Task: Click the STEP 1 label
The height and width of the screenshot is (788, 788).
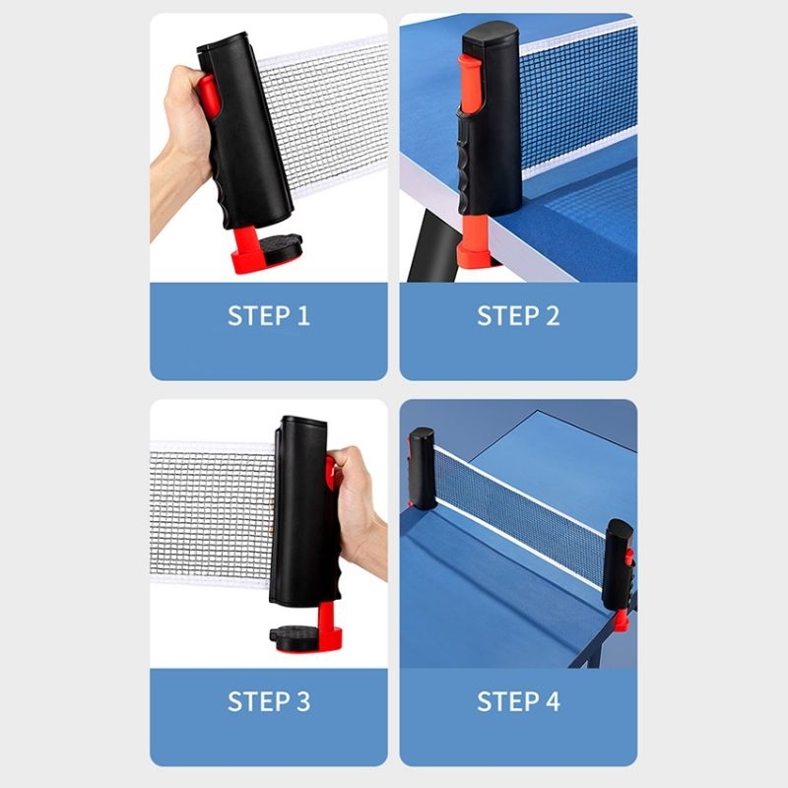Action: [x=268, y=315]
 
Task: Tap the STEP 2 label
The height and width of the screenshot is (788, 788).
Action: [x=518, y=315]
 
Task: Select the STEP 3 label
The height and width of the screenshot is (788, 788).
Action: [x=268, y=701]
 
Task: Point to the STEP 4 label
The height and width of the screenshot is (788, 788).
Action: [x=518, y=701]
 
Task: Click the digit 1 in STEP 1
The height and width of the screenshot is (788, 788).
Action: [x=303, y=315]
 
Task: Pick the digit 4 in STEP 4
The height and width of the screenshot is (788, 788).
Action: [x=553, y=701]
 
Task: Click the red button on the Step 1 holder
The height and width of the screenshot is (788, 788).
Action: [x=208, y=97]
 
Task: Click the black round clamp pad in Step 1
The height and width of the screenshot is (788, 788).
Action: [x=280, y=248]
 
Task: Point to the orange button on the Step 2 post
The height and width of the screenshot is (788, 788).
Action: [x=471, y=83]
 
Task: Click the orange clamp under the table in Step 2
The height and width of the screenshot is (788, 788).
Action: [x=474, y=241]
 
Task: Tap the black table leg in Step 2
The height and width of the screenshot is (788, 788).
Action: [x=432, y=246]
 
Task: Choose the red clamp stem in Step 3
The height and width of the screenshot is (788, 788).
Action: [x=328, y=625]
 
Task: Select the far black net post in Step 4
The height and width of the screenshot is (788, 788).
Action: [x=422, y=467]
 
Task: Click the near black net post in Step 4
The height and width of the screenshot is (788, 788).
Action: [x=619, y=562]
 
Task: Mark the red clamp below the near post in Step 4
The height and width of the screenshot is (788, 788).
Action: [x=622, y=621]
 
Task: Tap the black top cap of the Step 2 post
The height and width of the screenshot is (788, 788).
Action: [x=491, y=34]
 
